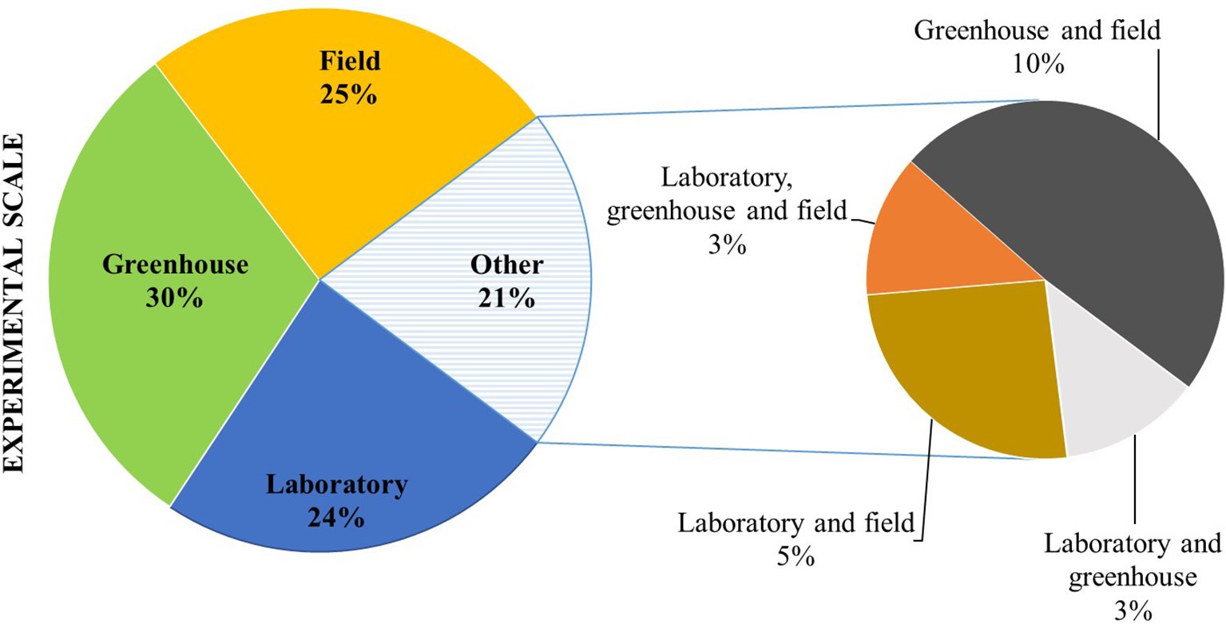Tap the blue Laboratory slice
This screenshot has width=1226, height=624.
[351, 415]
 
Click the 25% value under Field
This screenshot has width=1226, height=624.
[347, 94]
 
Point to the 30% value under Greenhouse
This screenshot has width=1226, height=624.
[175, 298]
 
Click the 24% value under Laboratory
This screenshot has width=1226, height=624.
[335, 518]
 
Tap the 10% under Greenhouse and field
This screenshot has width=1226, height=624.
[1036, 64]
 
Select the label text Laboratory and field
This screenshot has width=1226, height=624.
[795, 524]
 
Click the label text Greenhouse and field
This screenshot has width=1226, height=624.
[1036, 32]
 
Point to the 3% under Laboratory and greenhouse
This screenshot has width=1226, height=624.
[1132, 610]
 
